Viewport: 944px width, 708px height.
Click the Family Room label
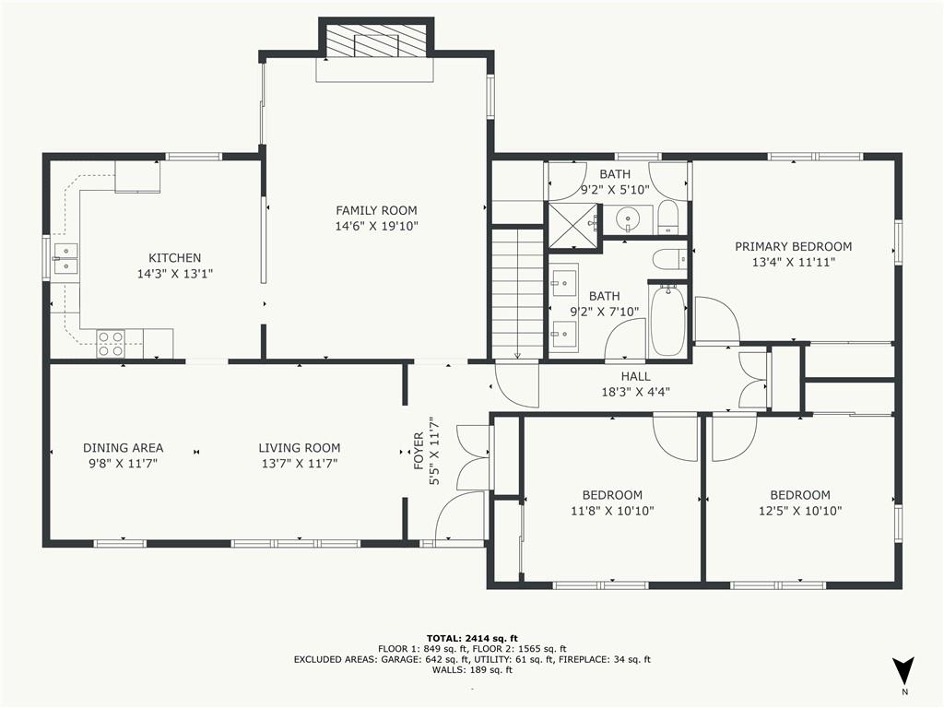[x=376, y=210]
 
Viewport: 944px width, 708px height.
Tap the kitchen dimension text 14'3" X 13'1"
[x=175, y=274]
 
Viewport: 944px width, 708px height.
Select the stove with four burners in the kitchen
[x=112, y=344]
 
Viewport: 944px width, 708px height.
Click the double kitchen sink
[x=65, y=258]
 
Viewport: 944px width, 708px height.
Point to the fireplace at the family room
[x=375, y=41]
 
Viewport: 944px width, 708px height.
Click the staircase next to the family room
[x=517, y=293]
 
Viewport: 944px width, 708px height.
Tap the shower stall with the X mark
[x=572, y=226]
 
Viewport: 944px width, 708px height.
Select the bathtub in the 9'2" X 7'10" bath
[x=667, y=320]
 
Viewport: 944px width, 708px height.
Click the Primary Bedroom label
[x=793, y=246]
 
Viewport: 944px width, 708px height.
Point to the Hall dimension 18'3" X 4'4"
[x=635, y=391]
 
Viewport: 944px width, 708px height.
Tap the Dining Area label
[x=123, y=448]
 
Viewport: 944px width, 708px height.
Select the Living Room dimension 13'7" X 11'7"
[x=299, y=464]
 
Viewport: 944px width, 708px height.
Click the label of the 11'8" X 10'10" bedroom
[x=612, y=495]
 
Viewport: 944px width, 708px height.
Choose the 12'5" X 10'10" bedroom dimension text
[x=800, y=511]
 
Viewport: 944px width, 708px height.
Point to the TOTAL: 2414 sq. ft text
[x=472, y=638]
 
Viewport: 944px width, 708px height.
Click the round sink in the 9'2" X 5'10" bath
[x=630, y=220]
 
